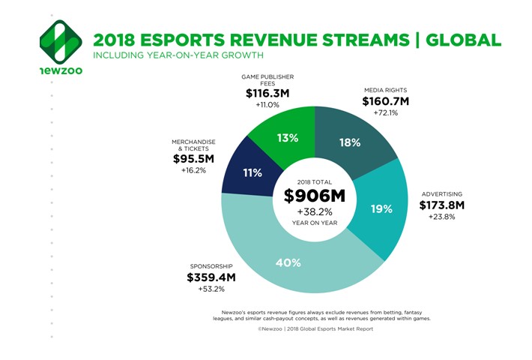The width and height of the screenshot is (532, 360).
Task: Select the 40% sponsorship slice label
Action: point(287,262)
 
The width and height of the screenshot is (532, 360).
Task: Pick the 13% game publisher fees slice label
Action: point(288,138)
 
